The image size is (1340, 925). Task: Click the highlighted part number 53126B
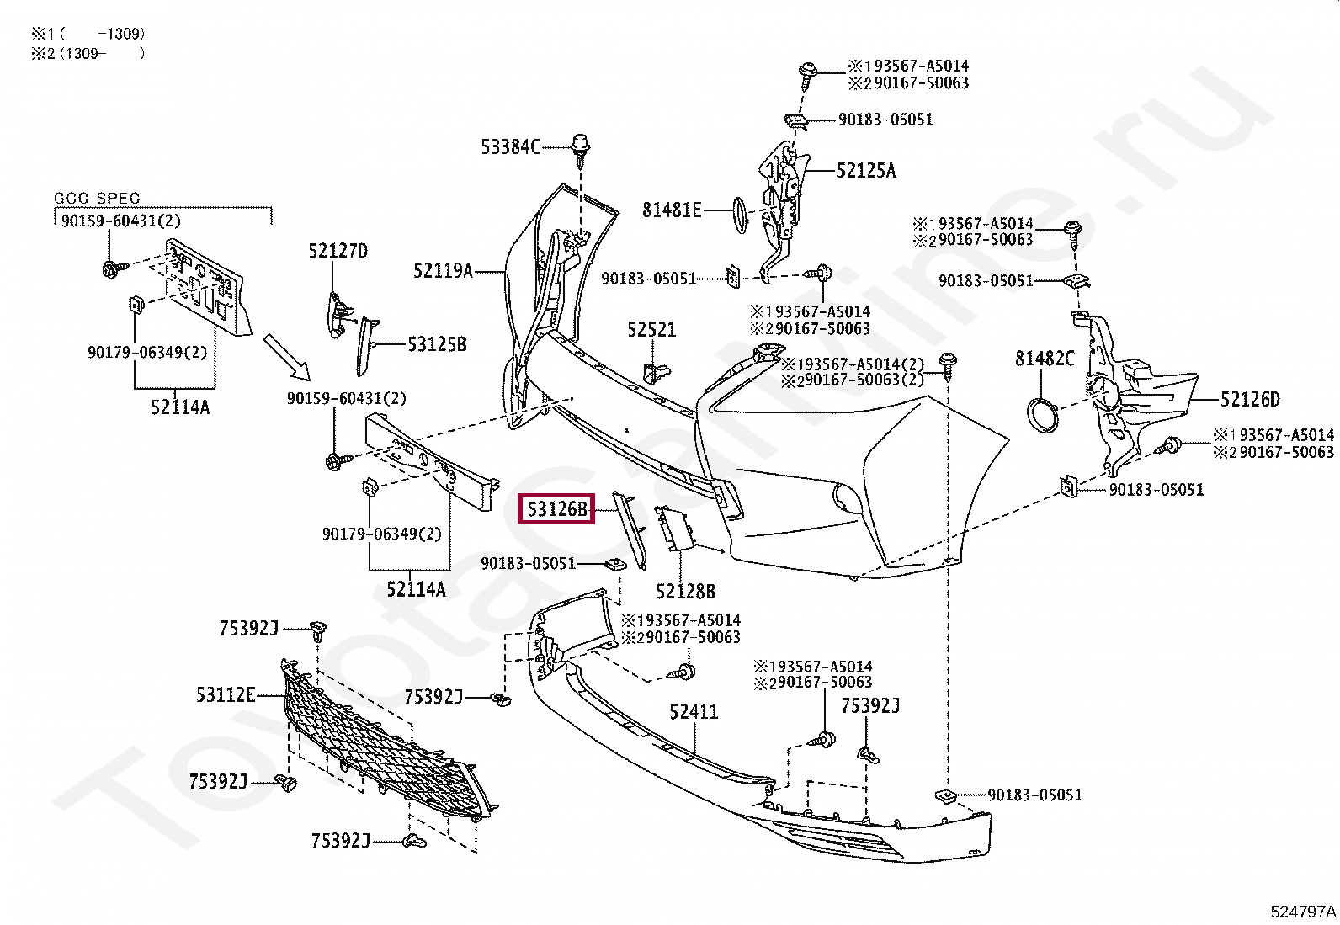tap(556, 509)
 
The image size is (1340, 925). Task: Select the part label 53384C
tap(510, 147)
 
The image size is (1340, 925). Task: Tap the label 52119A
tap(443, 271)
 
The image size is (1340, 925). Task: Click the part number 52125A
tap(865, 171)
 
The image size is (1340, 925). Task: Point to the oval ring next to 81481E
tap(738, 215)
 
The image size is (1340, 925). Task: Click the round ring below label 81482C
tap(1044, 417)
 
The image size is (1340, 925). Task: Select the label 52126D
tap(1249, 400)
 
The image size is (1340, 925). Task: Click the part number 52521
tap(651, 330)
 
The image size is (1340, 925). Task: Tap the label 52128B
tap(685, 592)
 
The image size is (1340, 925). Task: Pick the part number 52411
tap(694, 712)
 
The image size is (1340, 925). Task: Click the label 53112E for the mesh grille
tap(225, 695)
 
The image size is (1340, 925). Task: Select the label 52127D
tap(338, 251)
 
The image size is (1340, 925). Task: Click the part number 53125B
tap(436, 344)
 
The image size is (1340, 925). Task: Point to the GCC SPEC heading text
tap(97, 199)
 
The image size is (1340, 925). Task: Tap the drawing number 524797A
tap(1302, 912)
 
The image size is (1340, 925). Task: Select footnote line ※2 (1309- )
tap(88, 54)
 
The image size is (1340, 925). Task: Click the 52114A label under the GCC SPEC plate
tap(180, 407)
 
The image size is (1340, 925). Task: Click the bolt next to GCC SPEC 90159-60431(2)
tap(111, 269)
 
